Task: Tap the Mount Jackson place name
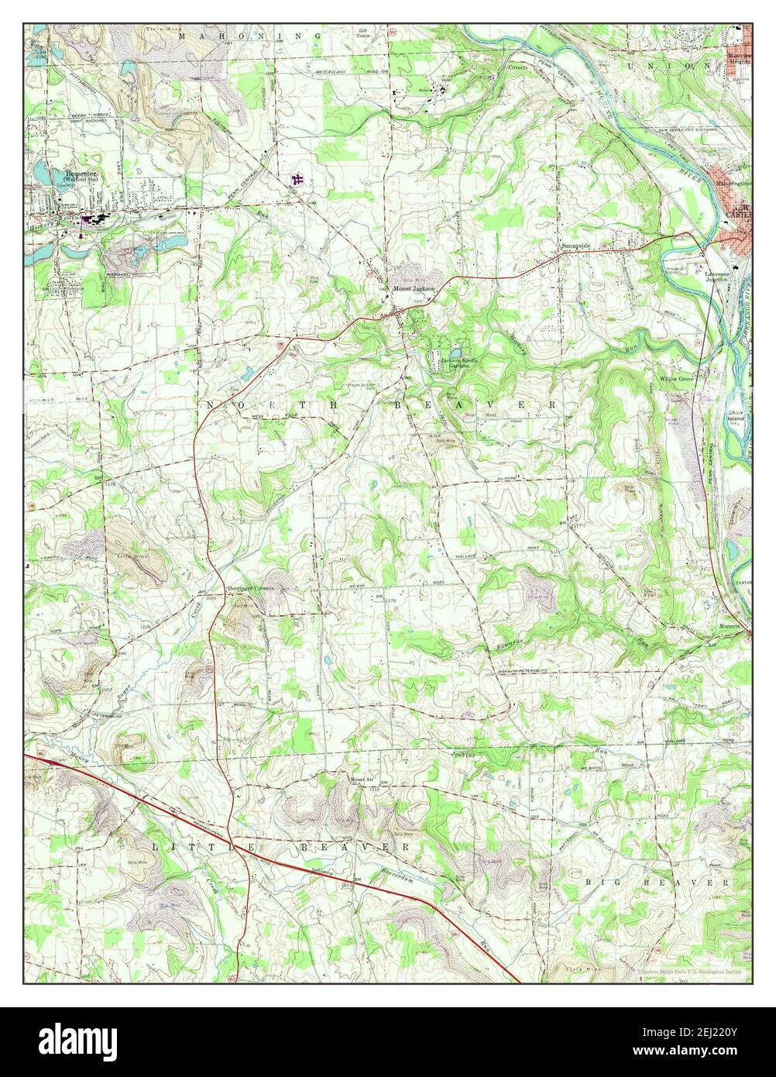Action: (x=414, y=289)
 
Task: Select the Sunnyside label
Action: (x=575, y=246)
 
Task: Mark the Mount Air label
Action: (x=361, y=779)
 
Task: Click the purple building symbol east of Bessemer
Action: (x=296, y=181)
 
